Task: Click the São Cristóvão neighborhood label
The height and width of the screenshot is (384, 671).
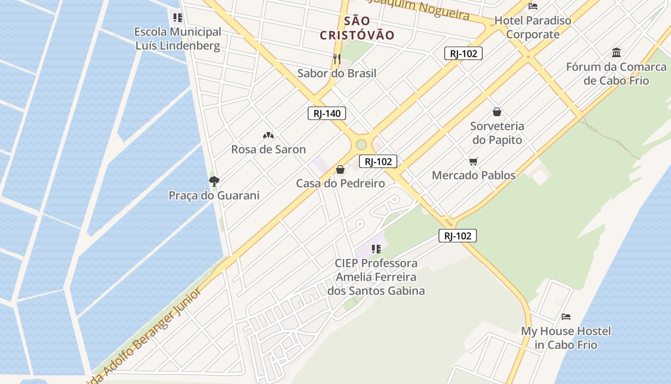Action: (357, 28)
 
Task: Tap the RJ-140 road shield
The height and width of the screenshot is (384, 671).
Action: (326, 114)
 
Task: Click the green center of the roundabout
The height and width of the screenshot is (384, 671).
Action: (361, 144)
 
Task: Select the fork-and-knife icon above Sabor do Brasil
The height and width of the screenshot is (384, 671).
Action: (337, 59)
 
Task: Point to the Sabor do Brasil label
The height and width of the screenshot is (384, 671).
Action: (336, 73)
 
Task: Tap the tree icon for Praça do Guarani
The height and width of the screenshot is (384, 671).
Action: (214, 181)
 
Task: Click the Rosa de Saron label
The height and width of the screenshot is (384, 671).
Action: (268, 149)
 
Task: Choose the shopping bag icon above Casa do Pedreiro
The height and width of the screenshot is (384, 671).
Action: (340, 169)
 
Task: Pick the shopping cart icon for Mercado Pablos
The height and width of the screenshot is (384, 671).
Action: (474, 161)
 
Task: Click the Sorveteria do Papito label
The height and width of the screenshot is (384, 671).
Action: (497, 133)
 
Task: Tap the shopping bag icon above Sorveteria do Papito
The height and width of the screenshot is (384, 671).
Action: (497, 112)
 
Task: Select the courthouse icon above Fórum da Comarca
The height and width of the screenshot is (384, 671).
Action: (616, 52)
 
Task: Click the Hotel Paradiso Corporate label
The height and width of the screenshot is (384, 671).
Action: (533, 27)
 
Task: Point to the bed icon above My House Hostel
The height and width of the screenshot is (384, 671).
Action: (566, 317)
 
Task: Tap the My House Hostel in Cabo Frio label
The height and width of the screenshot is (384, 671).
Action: (566, 338)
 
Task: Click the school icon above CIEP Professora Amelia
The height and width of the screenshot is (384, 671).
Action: (376, 249)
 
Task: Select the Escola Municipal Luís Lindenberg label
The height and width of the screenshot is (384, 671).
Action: (178, 39)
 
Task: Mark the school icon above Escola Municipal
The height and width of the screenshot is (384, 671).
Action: (178, 18)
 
